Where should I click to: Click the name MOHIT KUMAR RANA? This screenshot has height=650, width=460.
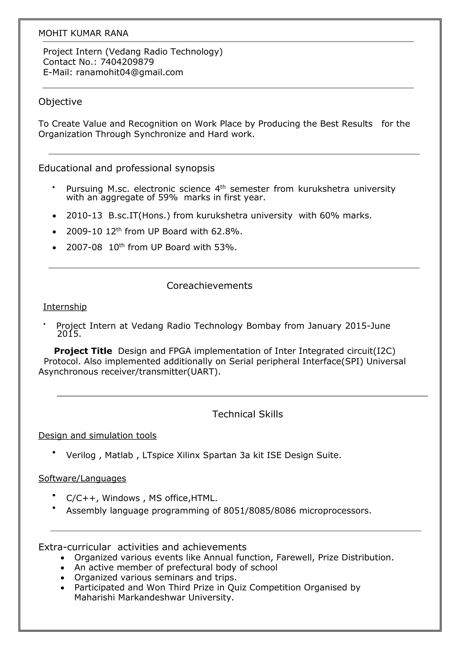pos(83,33)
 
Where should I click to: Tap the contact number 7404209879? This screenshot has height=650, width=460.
pos(127,62)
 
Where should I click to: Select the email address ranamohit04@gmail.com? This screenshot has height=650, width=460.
pos(129,72)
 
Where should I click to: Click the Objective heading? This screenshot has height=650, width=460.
pos(60,102)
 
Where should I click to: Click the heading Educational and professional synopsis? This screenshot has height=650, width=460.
pos(126,168)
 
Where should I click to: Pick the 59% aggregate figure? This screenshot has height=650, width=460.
pos(168,197)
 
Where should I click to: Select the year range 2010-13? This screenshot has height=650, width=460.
pos(84,216)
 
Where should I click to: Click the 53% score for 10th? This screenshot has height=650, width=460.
pos(225,247)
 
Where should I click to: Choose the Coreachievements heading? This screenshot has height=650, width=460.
pos(209,286)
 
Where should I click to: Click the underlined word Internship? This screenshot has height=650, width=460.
pos(65,307)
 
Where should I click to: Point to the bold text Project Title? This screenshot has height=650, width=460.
pos(83,351)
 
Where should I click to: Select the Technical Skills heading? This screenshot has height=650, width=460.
pos(247,414)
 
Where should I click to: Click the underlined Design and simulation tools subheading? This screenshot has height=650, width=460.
pos(97,435)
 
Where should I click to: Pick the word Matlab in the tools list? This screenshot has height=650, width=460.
pos(119,455)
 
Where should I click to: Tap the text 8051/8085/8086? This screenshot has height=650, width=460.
pos(259,511)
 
